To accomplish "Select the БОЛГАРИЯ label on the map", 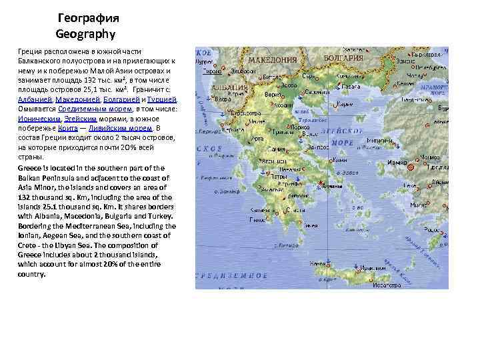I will (x=343, y=57).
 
